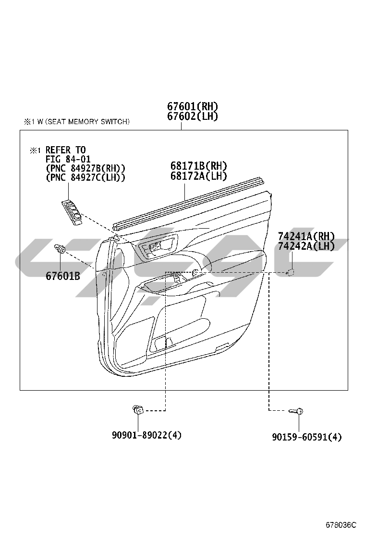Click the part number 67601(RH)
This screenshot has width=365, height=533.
193,106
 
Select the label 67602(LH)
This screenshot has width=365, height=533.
193,116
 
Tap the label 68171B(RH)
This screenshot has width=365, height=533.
198,166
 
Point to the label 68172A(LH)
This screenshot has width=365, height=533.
198,176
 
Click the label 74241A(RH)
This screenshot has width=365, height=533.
306,236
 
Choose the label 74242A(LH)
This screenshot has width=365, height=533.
306,246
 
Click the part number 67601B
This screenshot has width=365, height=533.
63,276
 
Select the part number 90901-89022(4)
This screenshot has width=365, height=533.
147,435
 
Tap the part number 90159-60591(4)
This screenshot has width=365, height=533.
307,437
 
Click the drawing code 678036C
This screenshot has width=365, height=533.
341,524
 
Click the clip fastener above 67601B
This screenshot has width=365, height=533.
60,249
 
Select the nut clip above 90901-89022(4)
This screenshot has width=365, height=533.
137,410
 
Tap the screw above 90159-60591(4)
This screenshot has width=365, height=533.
297,411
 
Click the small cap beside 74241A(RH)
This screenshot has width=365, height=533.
291,272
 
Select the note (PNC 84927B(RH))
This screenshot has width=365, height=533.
85,168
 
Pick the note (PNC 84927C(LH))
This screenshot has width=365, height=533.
85,177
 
